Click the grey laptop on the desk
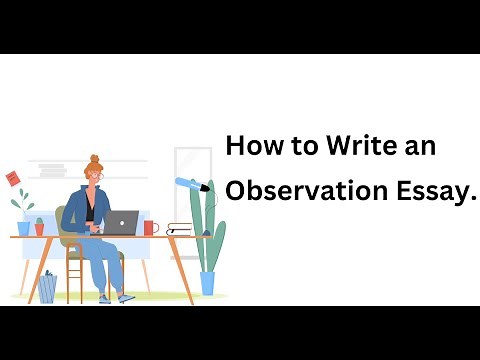[x=122, y=222]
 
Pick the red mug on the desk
[x=150, y=227]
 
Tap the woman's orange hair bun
[x=94, y=159]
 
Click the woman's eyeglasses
[x=97, y=176]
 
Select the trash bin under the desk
[x=47, y=287]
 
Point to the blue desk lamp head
[x=189, y=183]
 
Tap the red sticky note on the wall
[x=14, y=177]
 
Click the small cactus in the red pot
[x=39, y=226]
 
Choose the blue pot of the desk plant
[x=21, y=229]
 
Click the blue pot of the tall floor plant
[x=207, y=283]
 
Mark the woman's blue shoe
[x=125, y=298]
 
